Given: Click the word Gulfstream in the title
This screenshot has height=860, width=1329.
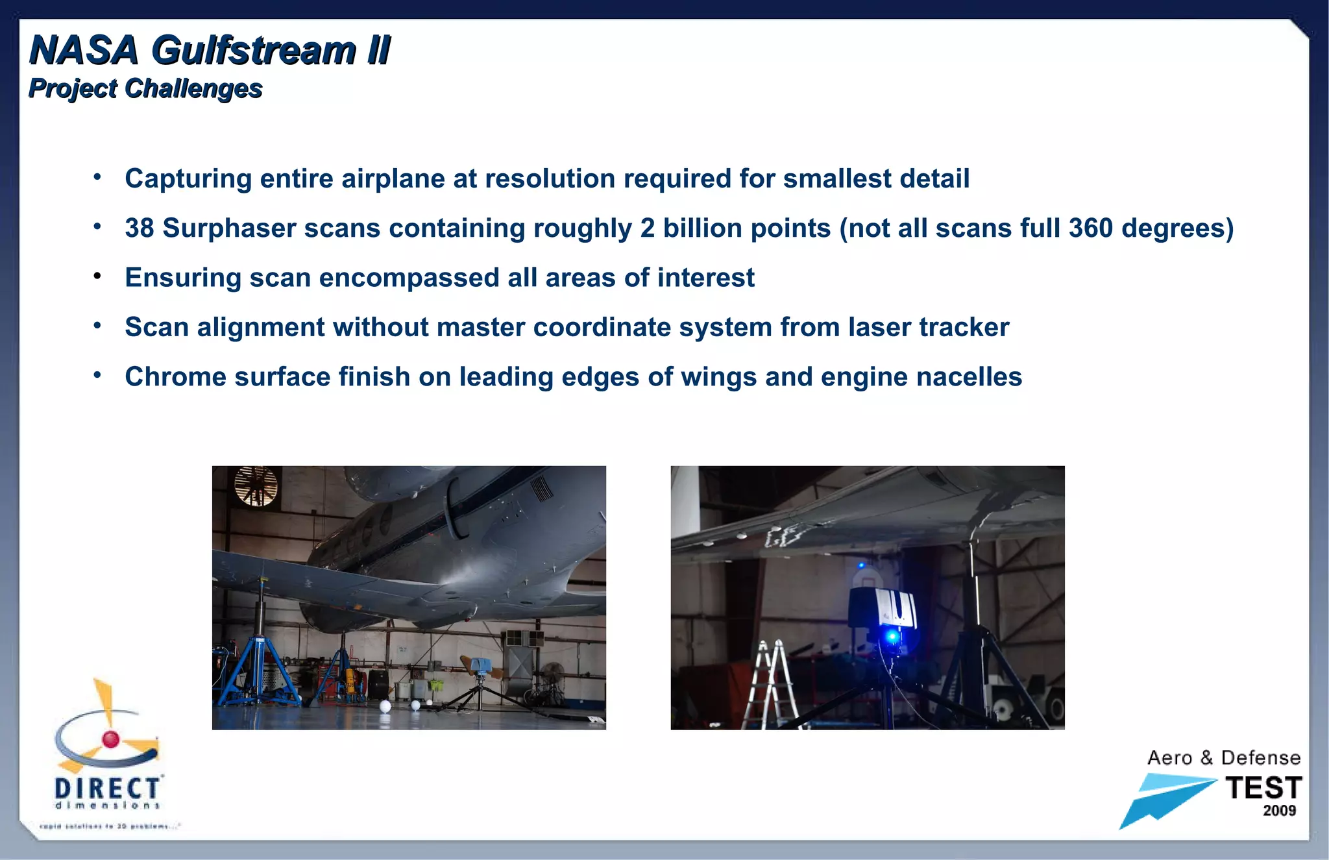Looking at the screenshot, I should point(254,51).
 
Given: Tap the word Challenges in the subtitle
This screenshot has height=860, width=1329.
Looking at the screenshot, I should point(193,89).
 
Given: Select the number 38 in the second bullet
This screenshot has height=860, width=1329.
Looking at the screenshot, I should point(139,228).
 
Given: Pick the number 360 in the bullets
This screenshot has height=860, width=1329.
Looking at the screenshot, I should point(1091,228).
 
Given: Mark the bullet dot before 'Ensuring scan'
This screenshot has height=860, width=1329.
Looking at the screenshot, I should point(97,276).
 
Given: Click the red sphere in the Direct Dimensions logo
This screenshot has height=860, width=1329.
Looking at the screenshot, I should point(111,739).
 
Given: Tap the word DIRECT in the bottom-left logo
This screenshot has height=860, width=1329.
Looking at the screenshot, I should point(107,789).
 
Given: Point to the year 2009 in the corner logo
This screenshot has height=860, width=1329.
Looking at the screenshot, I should point(1279,811).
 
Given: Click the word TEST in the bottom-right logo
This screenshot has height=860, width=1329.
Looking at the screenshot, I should point(1263,789).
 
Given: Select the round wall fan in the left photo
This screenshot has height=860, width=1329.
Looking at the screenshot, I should point(256,485).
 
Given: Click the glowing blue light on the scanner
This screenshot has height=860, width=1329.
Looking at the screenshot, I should point(892,637).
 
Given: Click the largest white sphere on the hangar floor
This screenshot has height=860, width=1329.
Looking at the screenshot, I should point(385,706).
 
